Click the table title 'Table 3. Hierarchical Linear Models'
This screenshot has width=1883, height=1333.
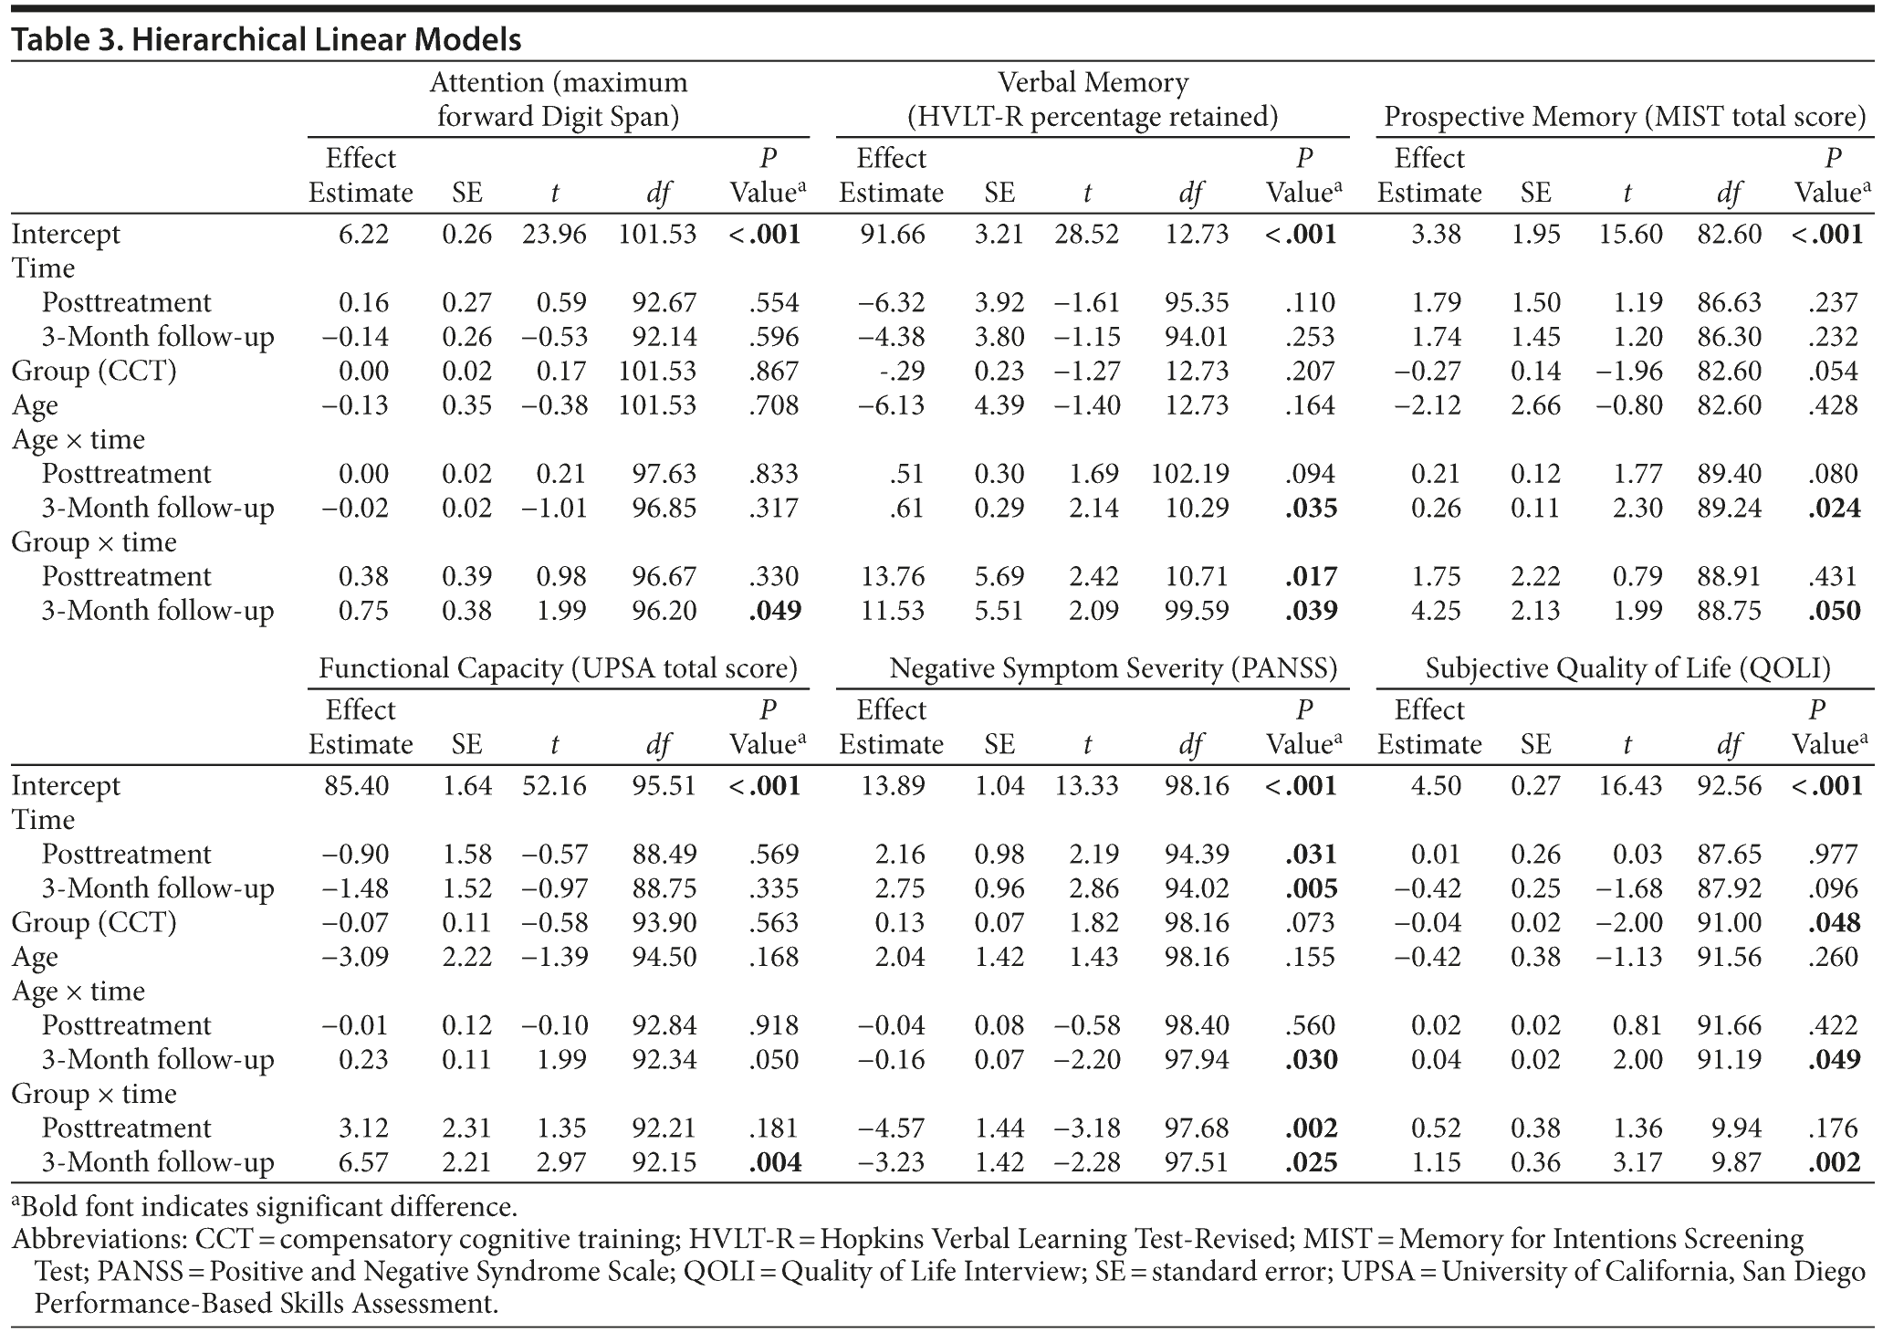coord(267,40)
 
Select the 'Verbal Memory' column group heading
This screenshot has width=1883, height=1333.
coord(1093,83)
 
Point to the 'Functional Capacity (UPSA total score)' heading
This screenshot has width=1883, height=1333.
coord(558,668)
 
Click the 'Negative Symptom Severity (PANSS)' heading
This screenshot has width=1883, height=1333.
coord(1113,668)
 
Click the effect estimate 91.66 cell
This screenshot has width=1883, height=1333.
coord(892,235)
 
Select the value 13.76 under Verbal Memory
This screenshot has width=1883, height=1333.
coord(892,577)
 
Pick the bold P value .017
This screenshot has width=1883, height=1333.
coord(1311,577)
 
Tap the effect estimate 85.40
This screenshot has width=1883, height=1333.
coord(357,786)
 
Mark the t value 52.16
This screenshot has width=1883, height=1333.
coord(554,786)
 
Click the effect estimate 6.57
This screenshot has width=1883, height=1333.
coord(363,1162)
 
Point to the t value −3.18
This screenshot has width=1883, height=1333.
coord(1086,1128)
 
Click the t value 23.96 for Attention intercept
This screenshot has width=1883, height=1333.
coord(554,235)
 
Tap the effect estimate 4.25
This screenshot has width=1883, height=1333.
coord(1436,611)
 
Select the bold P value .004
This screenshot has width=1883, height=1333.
coord(775,1162)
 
